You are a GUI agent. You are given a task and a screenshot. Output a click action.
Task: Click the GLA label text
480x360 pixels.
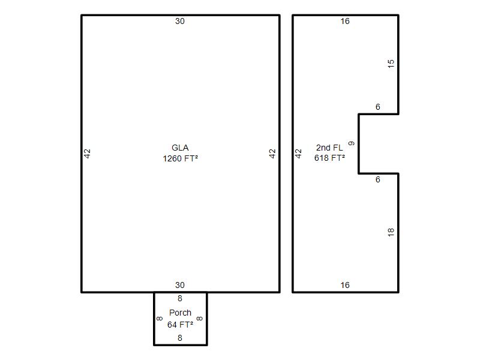tap(180, 148)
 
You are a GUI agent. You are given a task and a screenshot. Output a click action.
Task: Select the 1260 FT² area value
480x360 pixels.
tap(181, 158)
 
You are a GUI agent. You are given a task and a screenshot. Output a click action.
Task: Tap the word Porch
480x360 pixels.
tap(181, 313)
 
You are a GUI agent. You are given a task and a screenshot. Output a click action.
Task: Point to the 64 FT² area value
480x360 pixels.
tap(181, 325)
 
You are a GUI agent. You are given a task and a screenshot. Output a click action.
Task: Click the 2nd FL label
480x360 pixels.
tap(329, 148)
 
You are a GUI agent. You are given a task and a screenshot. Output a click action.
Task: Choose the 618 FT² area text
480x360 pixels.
tap(329, 158)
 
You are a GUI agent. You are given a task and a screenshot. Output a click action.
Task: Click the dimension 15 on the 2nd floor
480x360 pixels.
tap(391, 64)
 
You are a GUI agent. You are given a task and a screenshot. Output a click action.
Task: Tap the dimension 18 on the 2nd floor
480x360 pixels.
tap(391, 232)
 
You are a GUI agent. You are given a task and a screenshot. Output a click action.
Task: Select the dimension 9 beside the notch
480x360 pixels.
tap(352, 143)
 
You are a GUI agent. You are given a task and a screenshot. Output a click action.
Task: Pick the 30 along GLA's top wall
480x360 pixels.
tap(180, 21)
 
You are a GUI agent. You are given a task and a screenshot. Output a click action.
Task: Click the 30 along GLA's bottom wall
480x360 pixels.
tap(180, 286)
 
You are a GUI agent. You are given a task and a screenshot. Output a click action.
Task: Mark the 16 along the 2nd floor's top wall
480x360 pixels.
tap(345, 21)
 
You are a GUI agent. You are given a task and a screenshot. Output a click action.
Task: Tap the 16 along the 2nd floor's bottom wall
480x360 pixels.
tap(345, 286)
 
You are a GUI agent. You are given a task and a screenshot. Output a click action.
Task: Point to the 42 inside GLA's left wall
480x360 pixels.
tap(87, 154)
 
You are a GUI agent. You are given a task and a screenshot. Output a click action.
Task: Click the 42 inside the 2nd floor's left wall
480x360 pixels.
tap(298, 154)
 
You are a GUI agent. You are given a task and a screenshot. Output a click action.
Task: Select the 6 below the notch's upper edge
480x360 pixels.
tap(378, 107)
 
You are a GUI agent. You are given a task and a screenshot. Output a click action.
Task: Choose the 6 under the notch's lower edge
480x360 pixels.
tap(378, 179)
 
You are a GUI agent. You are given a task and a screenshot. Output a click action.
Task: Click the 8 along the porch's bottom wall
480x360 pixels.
tap(180, 338)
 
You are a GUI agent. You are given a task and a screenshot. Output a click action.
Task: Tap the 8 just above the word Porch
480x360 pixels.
tap(180, 298)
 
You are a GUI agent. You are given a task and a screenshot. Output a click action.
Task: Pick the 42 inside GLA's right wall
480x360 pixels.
tap(272, 154)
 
